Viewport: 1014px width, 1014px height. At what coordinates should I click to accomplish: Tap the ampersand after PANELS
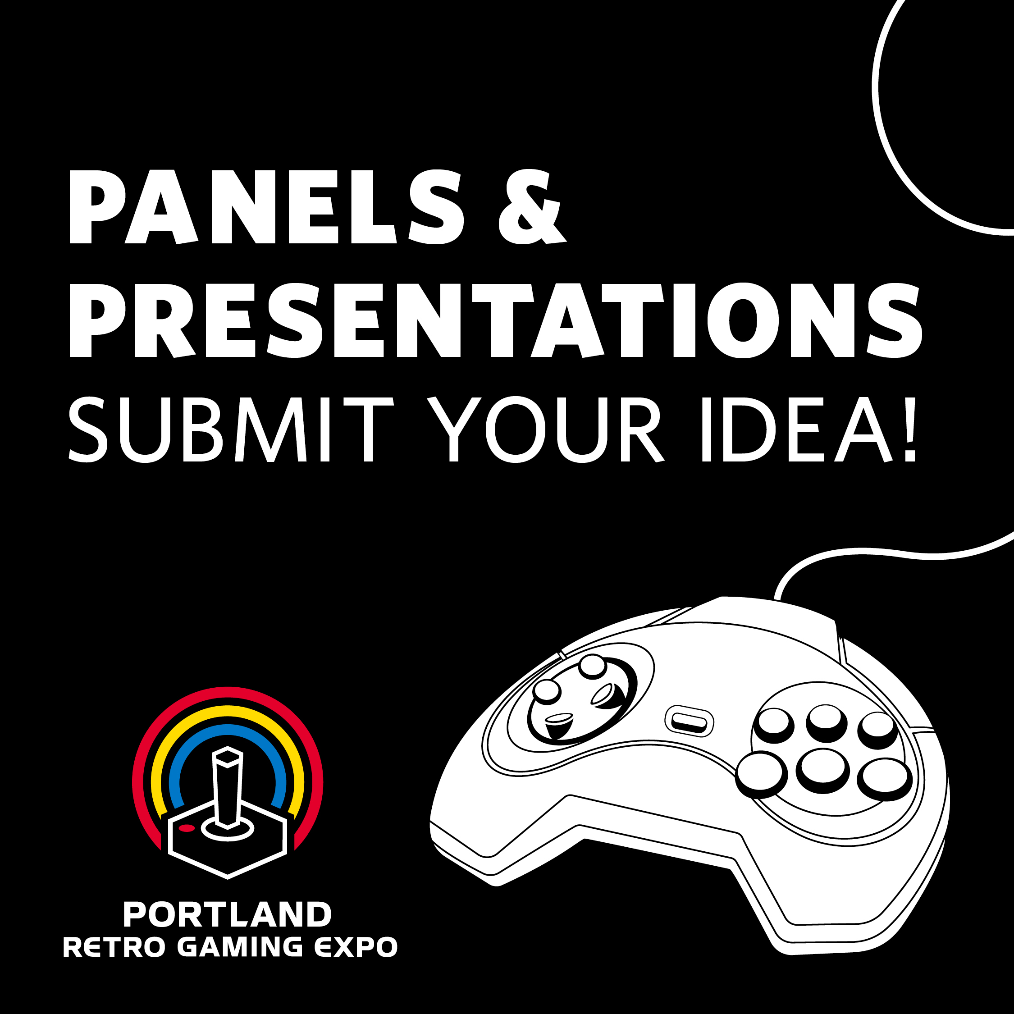coord(532,207)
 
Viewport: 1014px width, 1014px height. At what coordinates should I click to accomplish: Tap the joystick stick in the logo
coord(228,787)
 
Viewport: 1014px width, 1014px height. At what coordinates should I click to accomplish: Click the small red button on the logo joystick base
coord(187,829)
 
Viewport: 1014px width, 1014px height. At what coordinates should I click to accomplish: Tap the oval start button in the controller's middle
coord(690,721)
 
